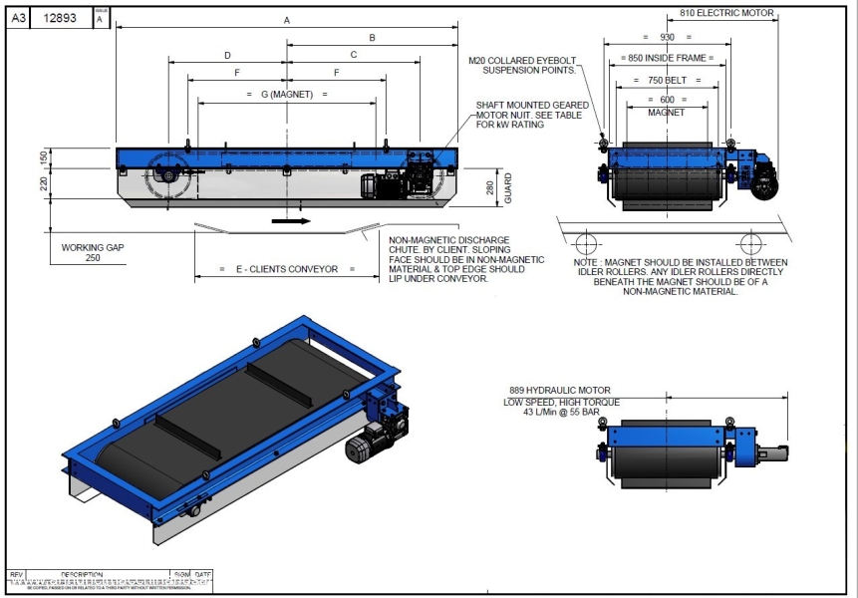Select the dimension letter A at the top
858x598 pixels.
pyautogui.click(x=287, y=20)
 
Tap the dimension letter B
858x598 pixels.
pyautogui.click(x=372, y=38)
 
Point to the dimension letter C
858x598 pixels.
pyautogui.click(x=354, y=55)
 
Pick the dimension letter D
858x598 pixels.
pyautogui.click(x=227, y=55)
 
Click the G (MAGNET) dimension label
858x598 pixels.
pyautogui.click(x=287, y=95)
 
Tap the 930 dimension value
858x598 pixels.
pyautogui.click(x=667, y=38)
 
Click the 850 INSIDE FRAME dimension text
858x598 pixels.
pyautogui.click(x=667, y=59)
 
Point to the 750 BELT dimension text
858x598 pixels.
pyautogui.click(x=667, y=80)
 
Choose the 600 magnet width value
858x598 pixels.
pyautogui.click(x=667, y=100)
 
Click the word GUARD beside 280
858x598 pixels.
pyautogui.click(x=507, y=190)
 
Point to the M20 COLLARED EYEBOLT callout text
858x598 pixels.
pyautogui.click(x=522, y=65)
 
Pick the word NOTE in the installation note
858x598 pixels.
pyautogui.click(x=588, y=262)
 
